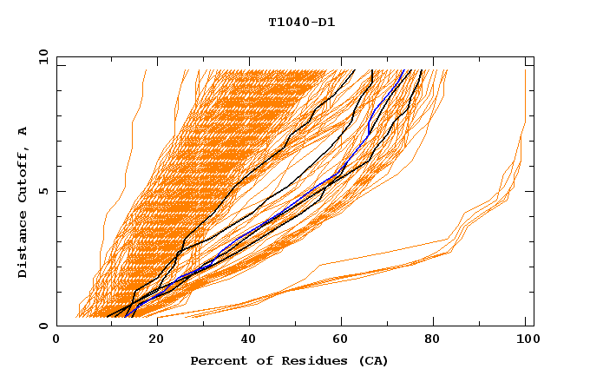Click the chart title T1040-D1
tap(301, 23)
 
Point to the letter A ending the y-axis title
tap(23, 131)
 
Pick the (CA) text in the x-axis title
tap(370, 360)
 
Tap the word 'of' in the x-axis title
tap(254, 360)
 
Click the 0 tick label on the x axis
tap(56, 339)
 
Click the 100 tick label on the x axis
tap(526, 339)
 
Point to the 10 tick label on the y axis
tap(41, 56)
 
